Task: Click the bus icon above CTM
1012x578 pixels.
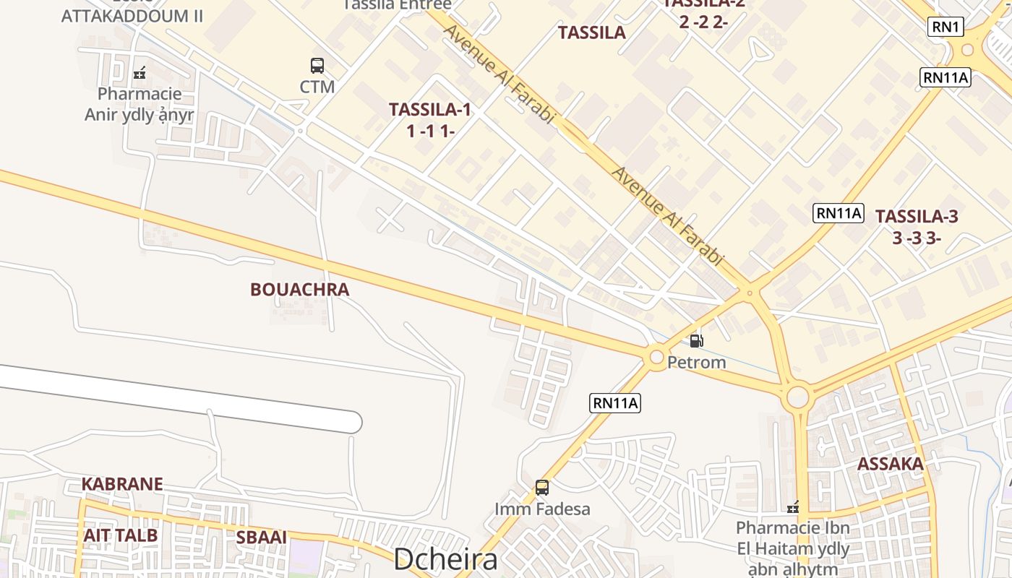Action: [317, 66]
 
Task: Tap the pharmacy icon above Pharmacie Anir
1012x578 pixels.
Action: [140, 72]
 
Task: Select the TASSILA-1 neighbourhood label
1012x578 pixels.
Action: [430, 110]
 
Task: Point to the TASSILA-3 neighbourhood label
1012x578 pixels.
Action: [917, 216]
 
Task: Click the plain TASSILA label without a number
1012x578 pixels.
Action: [592, 33]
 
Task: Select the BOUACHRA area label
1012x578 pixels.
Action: [299, 290]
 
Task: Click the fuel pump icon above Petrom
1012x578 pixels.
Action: [696, 340]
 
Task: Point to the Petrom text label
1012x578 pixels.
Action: [696, 362]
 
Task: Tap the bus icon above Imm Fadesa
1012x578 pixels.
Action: [542, 488]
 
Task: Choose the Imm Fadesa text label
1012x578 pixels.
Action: [542, 509]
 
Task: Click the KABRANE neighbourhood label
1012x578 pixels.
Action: [122, 484]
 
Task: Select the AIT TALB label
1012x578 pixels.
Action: [120, 535]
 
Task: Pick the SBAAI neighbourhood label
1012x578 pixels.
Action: [262, 538]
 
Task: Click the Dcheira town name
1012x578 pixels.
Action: [445, 560]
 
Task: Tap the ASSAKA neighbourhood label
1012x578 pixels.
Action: [891, 464]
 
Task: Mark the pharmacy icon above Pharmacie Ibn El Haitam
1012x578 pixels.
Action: [793, 507]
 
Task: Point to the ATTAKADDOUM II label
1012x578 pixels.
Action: [132, 16]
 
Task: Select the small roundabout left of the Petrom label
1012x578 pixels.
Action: [656, 356]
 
